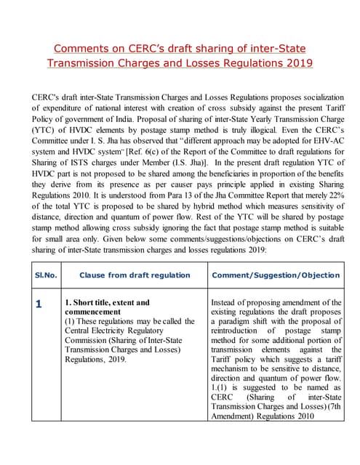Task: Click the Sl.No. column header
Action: coord(46,275)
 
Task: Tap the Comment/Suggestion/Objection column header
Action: coord(275,275)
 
